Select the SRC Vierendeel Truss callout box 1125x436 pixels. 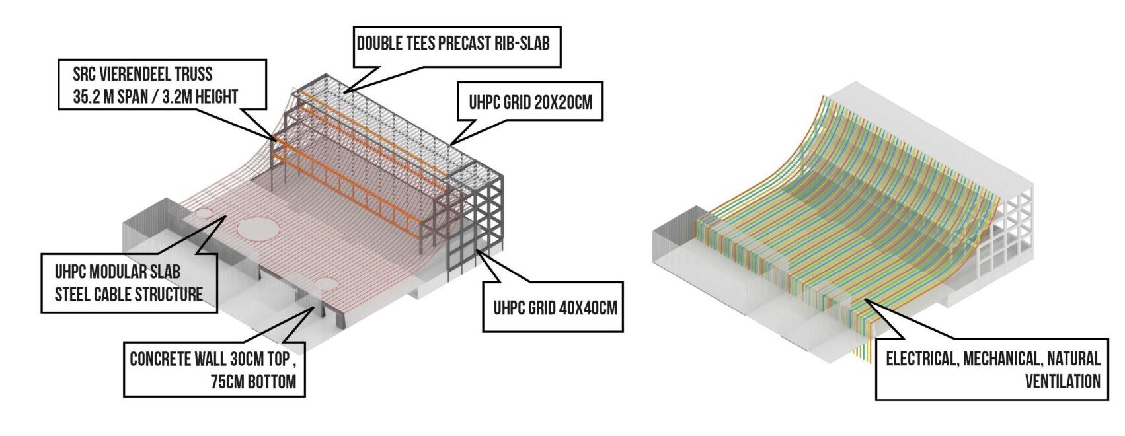point(161,85)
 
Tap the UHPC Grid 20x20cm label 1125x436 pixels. point(531,102)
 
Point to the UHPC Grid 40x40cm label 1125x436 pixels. point(555,307)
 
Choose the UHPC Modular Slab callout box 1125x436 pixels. point(129,283)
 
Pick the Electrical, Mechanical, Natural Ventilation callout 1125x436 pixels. point(992,369)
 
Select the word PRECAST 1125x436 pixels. point(457,44)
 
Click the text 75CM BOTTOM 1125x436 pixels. point(254,382)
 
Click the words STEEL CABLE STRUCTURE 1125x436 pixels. point(129,295)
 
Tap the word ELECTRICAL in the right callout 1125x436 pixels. point(921,359)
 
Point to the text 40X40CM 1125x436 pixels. point(584,307)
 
